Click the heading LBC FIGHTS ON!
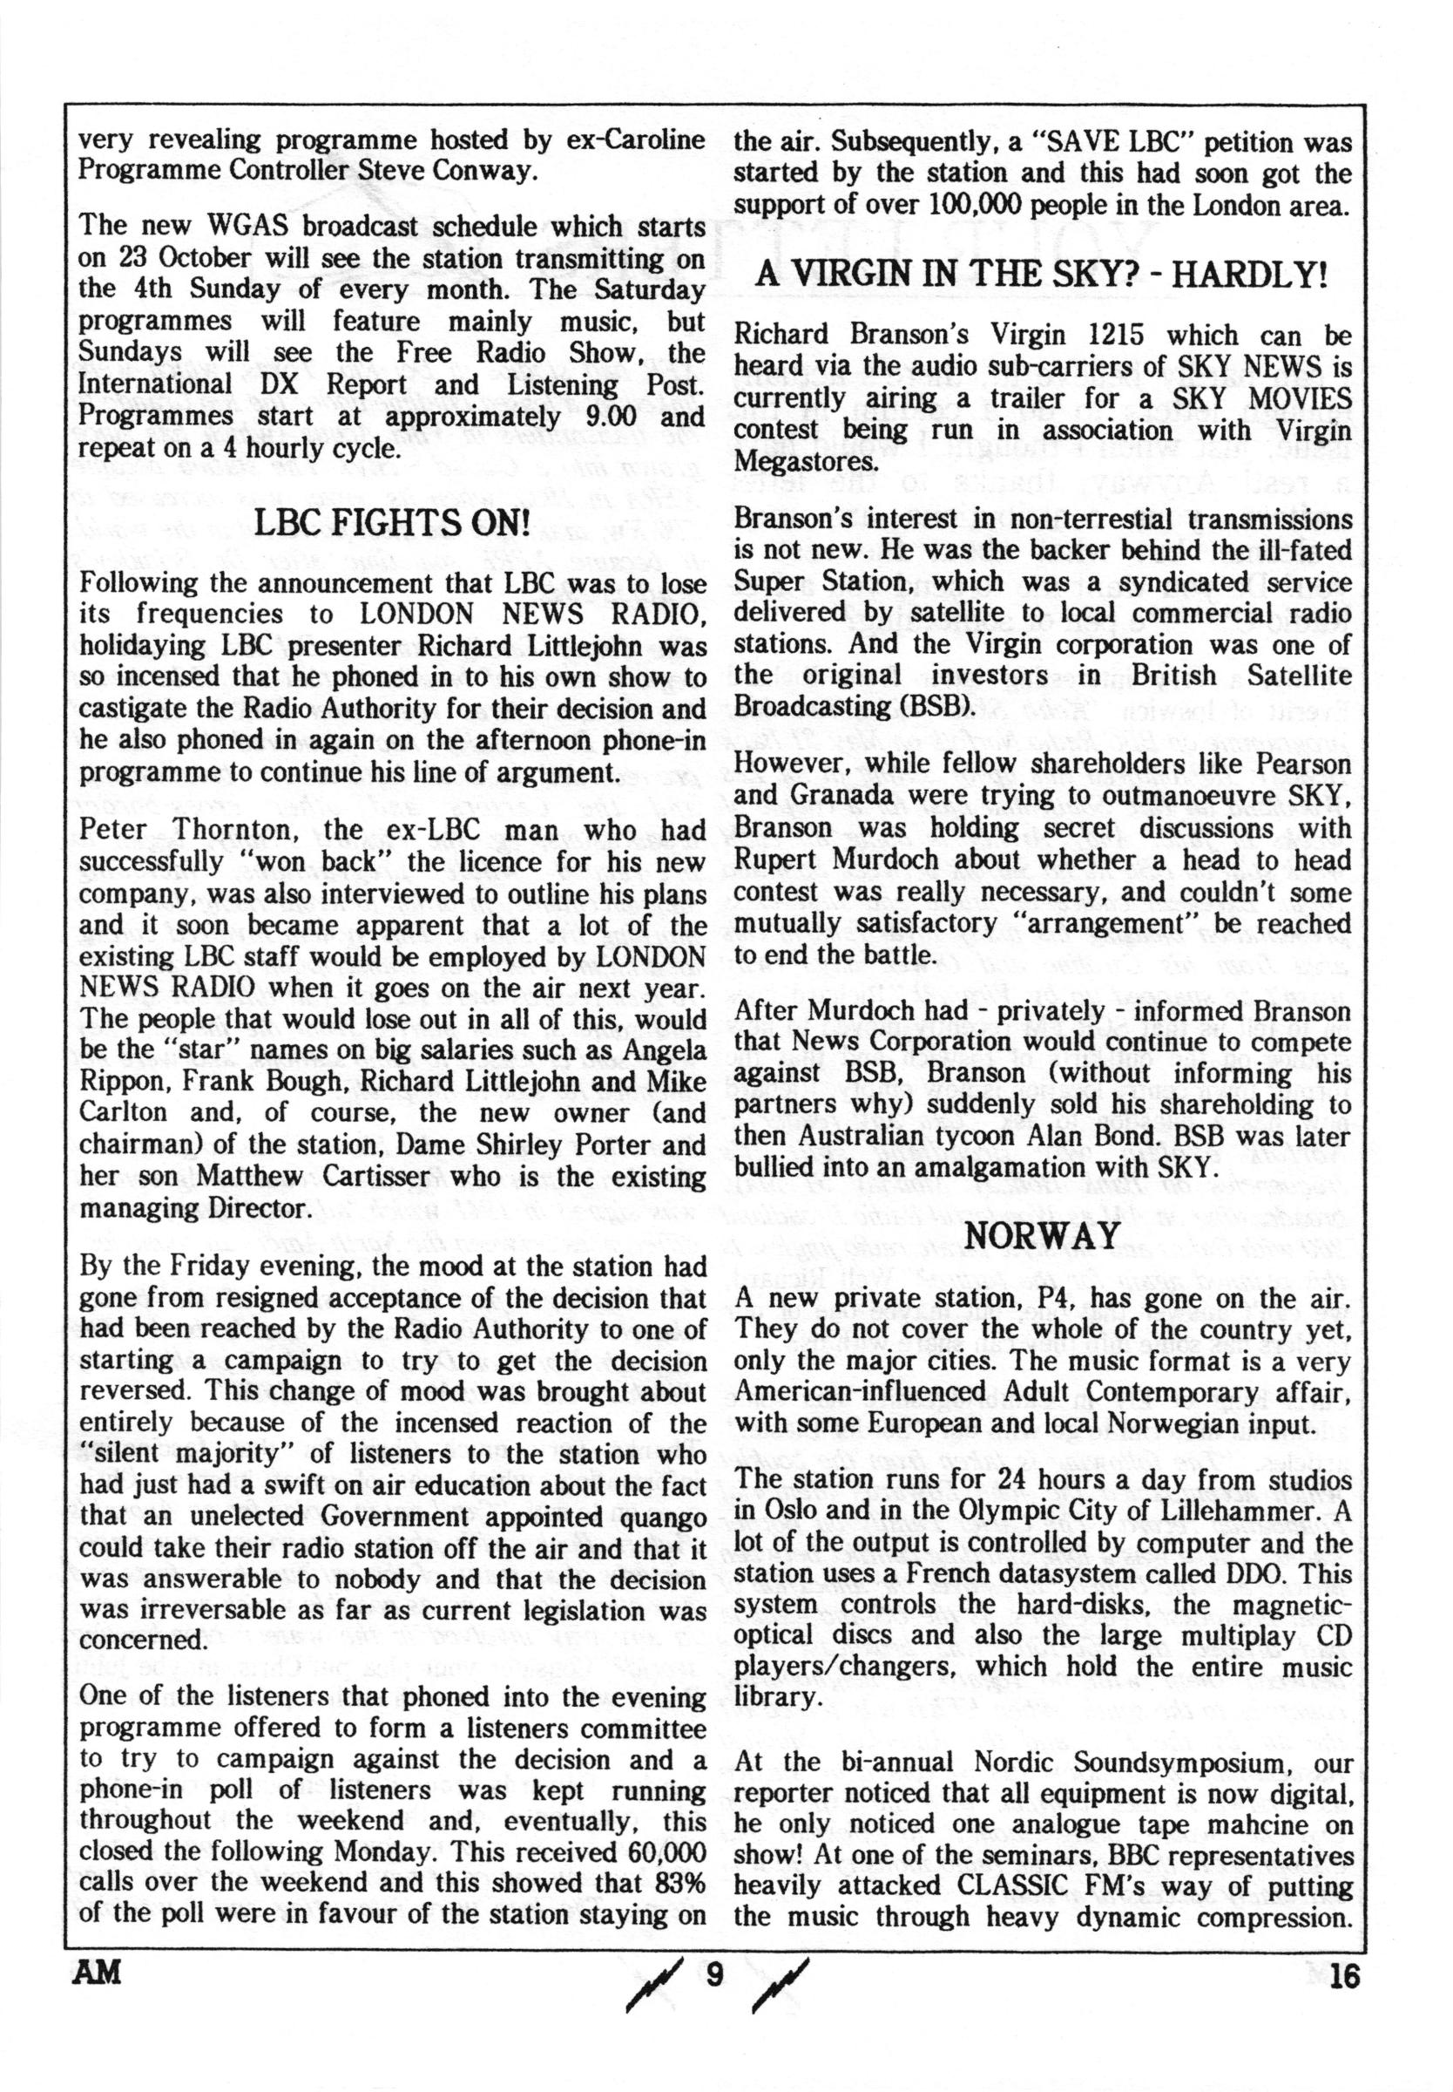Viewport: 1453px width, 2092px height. [391, 526]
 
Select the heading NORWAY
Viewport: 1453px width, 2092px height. [1043, 1236]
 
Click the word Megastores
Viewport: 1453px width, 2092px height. [802, 462]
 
